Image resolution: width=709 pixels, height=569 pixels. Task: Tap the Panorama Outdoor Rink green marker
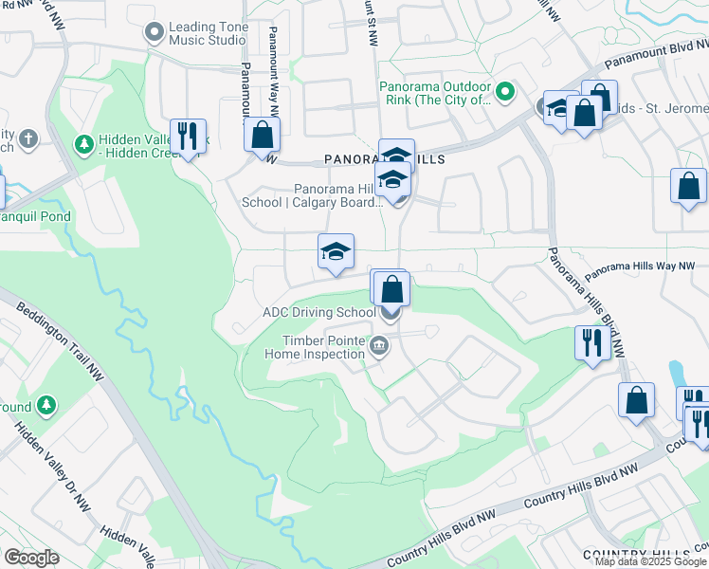tap(505, 92)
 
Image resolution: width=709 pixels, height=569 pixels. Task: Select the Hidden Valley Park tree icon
tap(84, 144)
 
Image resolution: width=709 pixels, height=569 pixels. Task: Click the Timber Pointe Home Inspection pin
tap(379, 345)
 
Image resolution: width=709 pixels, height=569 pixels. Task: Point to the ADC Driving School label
tap(318, 312)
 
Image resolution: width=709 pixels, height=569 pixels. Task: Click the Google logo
tap(31, 558)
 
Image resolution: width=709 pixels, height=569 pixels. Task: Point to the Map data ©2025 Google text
tap(651, 561)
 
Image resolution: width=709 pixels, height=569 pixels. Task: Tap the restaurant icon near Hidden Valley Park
tap(188, 136)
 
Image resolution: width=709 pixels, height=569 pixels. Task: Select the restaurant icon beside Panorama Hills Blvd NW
tap(591, 341)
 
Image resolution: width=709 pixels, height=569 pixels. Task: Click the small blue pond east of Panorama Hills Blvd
tap(676, 375)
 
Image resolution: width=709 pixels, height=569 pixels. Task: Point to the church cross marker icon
tap(28, 139)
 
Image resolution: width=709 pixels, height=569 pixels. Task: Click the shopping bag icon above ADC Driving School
tap(391, 288)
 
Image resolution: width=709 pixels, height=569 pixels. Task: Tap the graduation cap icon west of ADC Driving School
tap(336, 252)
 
